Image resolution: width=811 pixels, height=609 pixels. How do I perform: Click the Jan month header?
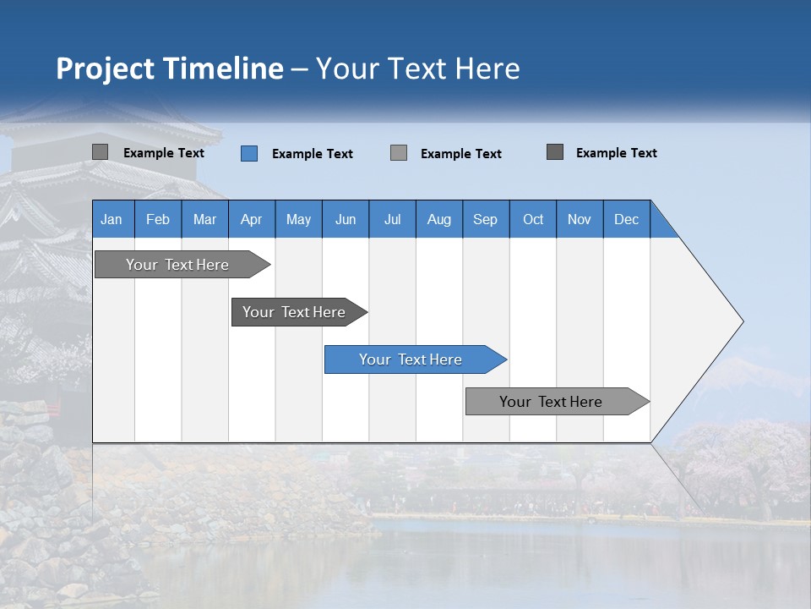pos(112,219)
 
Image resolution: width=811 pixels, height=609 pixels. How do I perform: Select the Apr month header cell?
pos(252,219)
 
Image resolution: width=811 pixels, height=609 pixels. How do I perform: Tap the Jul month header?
pos(392,219)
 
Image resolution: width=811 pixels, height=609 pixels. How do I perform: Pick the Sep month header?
pos(486,219)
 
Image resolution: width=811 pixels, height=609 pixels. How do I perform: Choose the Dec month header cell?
pos(626,219)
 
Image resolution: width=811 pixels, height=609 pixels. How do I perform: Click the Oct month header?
pos(533,219)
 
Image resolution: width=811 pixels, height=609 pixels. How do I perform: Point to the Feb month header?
pos(158,219)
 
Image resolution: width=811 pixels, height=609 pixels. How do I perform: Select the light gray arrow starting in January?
pos(178,265)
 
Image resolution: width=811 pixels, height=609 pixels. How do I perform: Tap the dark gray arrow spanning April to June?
pos(295,312)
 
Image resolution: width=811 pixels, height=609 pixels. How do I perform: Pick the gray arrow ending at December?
pos(552,402)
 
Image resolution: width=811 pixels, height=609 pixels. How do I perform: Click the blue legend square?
pos(249,153)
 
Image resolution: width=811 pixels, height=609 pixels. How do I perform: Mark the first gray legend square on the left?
pos(101,152)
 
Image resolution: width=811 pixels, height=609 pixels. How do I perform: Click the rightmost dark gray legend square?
pos(555,152)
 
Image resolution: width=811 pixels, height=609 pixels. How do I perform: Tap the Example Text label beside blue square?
pos(313,154)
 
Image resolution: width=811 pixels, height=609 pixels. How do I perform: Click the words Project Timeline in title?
pos(169,69)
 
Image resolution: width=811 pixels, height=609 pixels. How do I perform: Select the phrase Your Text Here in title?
pos(418,69)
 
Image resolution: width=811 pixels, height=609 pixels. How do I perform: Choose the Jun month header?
pos(346,219)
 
